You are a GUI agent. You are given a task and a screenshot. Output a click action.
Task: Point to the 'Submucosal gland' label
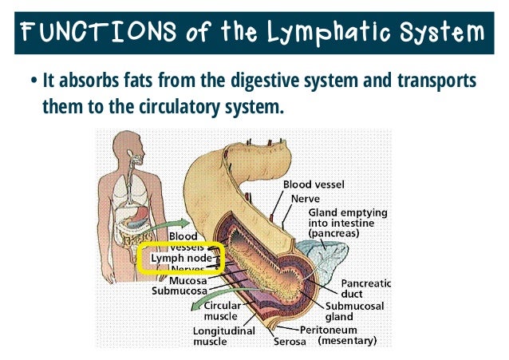356,311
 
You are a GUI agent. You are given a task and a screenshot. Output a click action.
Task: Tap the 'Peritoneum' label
328,329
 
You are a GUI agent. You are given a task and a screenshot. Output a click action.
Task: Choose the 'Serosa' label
291,342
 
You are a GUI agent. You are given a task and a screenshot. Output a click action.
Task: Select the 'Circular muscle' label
225,311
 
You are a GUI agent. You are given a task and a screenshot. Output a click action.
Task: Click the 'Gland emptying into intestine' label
347,223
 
